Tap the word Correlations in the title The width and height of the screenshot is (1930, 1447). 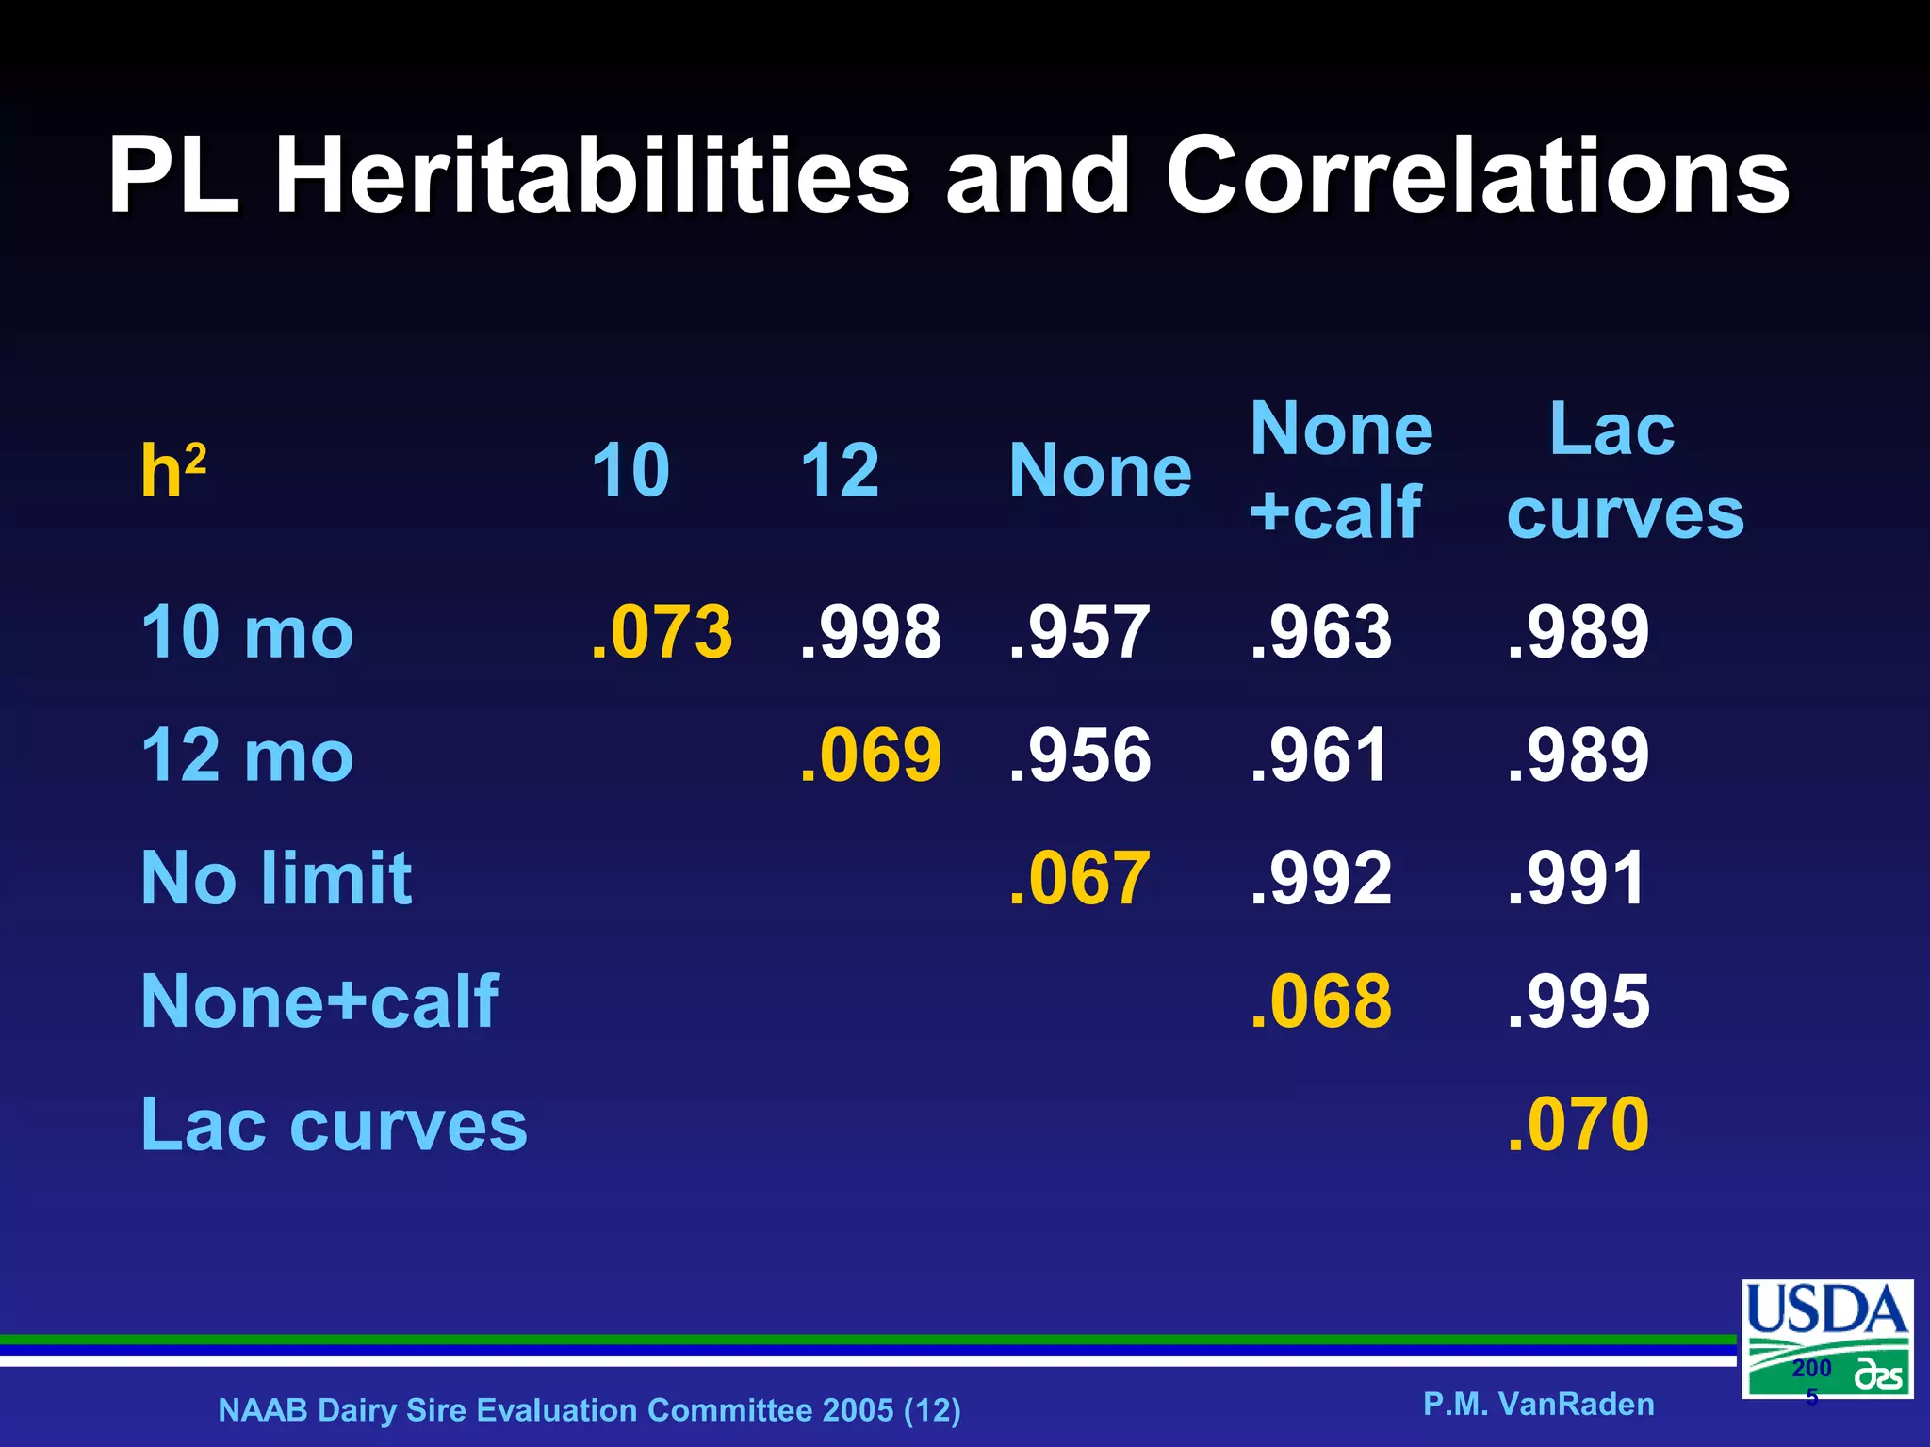click(1477, 176)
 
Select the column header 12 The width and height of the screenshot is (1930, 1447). click(839, 470)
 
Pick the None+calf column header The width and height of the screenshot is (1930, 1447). click(1340, 470)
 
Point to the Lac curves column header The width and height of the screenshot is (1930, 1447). click(1624, 470)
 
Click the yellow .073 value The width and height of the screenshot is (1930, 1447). click(662, 631)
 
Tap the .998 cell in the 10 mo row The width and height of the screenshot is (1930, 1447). click(870, 631)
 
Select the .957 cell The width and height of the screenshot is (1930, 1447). click(1079, 631)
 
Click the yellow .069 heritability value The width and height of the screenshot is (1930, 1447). click(870, 755)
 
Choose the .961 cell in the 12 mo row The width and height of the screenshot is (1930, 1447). click(1319, 755)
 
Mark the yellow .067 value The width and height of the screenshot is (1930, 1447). click(1079, 878)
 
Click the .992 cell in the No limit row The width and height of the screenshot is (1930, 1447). click(1320, 878)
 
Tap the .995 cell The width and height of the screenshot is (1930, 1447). click(1578, 1001)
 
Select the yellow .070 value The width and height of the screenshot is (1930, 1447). click(1578, 1124)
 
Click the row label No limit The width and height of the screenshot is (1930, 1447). click(276, 878)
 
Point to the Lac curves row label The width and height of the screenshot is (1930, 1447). click(334, 1124)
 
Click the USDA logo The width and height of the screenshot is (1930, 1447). click(1826, 1338)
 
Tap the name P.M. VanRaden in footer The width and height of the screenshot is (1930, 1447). click(1538, 1404)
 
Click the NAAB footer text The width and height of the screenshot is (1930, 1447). click(589, 1409)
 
